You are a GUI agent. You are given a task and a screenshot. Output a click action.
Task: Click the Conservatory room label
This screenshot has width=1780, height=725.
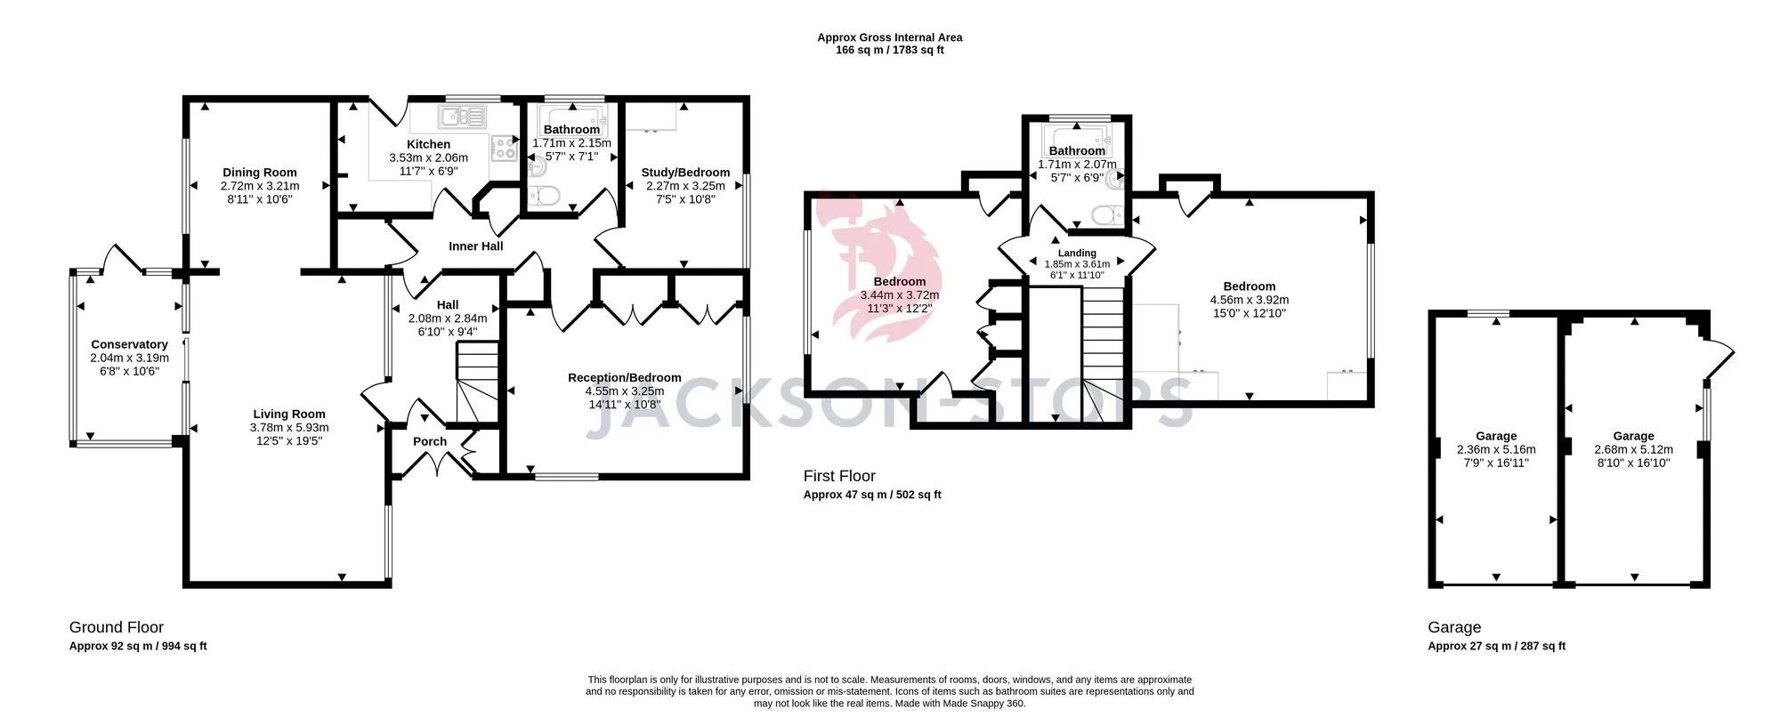(129, 344)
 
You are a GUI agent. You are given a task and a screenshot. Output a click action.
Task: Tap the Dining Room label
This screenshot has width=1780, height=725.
(260, 173)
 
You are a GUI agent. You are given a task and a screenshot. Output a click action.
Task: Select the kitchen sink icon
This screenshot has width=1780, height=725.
(462, 117)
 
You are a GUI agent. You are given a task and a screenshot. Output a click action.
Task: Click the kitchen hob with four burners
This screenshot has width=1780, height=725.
(505, 148)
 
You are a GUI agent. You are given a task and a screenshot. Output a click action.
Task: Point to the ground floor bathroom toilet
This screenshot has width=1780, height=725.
(543, 195)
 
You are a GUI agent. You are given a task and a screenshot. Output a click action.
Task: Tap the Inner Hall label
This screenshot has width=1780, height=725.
(476, 246)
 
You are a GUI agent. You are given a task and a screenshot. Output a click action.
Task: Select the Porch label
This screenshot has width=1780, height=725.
(430, 441)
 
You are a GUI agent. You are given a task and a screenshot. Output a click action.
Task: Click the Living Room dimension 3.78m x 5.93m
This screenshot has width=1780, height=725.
(289, 428)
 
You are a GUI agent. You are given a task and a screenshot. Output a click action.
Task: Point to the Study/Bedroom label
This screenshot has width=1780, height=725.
(685, 173)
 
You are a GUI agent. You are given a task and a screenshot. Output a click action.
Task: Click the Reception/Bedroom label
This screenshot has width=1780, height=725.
(625, 378)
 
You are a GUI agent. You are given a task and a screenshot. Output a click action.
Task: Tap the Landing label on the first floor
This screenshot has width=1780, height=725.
(1077, 254)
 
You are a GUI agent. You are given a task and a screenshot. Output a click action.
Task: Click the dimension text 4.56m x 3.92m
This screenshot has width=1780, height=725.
(1250, 300)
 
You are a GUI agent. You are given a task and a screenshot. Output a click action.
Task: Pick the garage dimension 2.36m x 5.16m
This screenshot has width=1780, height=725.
(1496, 449)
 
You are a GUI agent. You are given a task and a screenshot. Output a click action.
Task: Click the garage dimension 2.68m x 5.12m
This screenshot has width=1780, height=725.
(1633, 449)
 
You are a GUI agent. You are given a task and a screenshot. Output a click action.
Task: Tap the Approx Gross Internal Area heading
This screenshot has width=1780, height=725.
(890, 37)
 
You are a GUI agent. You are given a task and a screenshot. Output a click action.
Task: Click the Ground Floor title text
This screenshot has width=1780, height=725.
(117, 627)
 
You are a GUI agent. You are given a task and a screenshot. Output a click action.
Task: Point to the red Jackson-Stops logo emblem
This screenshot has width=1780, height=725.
(877, 267)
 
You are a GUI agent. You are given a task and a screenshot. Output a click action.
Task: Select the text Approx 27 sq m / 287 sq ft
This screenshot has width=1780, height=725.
(1496, 646)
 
